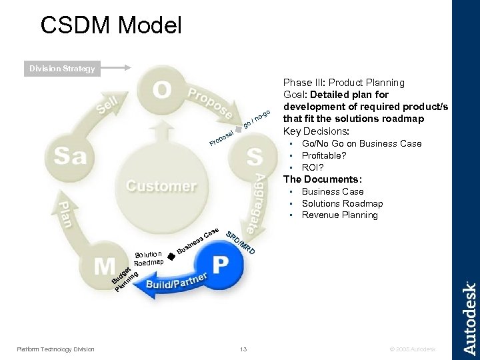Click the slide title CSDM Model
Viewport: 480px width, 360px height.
pyautogui.click(x=111, y=25)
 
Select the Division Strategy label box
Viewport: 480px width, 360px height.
pyautogui.click(x=61, y=69)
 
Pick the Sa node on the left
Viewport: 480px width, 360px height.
pyautogui.click(x=70, y=157)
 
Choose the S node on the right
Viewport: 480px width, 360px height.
pyautogui.click(x=254, y=157)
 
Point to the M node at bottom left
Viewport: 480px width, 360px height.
pyautogui.click(x=103, y=267)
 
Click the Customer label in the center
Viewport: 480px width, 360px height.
pyautogui.click(x=161, y=186)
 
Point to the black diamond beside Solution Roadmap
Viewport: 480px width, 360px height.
pyautogui.click(x=171, y=255)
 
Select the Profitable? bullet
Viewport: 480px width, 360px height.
pyautogui.click(x=323, y=155)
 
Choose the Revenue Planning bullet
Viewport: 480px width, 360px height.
pyautogui.click(x=339, y=215)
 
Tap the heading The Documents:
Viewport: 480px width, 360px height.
pyautogui.click(x=323, y=179)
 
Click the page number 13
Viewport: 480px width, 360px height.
pyautogui.click(x=243, y=349)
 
